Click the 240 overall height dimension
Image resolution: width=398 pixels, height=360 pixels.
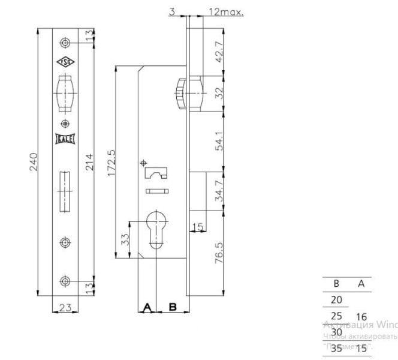point(34,161)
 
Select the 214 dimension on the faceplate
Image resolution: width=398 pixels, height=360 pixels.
point(89,161)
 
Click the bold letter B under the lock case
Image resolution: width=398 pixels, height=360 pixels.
point(173,308)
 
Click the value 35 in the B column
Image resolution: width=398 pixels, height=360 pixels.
point(337,347)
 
